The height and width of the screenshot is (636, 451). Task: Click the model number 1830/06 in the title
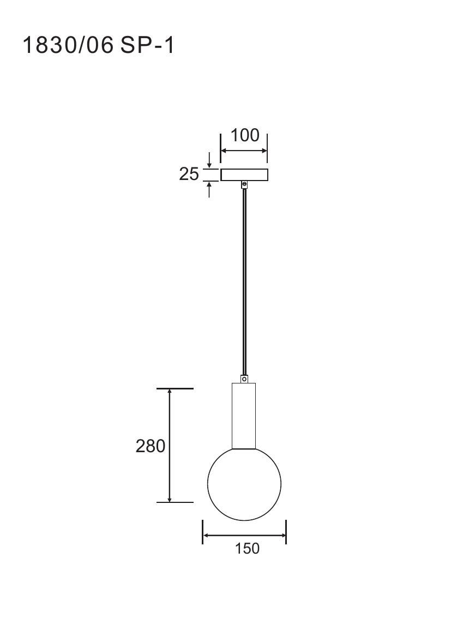(68, 45)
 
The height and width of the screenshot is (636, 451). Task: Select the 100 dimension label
(244, 135)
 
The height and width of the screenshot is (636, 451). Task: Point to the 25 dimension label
(189, 174)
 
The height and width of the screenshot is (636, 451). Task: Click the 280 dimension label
(150, 446)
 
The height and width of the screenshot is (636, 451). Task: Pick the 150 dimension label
(247, 548)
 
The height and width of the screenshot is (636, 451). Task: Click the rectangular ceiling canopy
(244, 175)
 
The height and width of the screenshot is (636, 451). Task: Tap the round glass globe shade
(244, 484)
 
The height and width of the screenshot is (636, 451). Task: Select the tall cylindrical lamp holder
(244, 416)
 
